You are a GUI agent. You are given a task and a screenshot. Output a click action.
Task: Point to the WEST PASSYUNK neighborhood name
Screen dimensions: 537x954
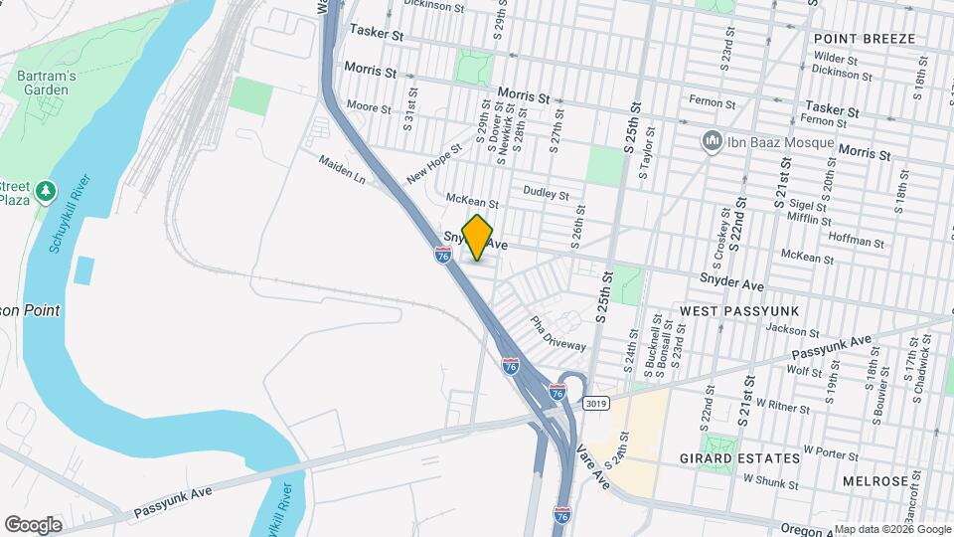(739, 311)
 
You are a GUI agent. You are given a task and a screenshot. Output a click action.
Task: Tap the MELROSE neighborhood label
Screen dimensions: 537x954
(876, 480)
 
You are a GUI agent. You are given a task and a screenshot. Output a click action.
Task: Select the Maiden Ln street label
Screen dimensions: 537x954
(343, 170)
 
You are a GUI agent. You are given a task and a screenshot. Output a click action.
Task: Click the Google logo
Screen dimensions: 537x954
(33, 524)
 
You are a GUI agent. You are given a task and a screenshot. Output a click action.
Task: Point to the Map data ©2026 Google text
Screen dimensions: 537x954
(891, 529)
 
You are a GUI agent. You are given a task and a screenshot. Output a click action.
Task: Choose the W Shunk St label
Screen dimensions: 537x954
(770, 484)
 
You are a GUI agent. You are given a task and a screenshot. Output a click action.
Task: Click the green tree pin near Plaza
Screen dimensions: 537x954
(44, 190)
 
